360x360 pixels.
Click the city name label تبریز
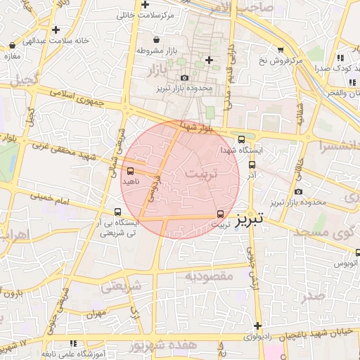[250, 218]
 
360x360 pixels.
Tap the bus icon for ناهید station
[130, 170]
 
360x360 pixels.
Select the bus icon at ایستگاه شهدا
[243, 139]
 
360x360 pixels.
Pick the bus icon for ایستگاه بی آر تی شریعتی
[118, 212]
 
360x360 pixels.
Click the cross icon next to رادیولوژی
[259, 326]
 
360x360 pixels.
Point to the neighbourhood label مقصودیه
[209, 276]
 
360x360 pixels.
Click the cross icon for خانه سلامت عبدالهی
[56, 30]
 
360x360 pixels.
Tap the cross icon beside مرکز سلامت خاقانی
[145, 5]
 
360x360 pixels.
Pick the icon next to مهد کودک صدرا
[341, 58]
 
